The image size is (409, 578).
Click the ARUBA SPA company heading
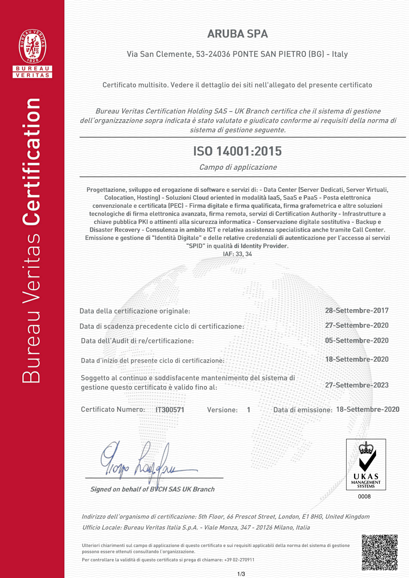coord(237,34)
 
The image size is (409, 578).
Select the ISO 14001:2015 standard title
coord(237,151)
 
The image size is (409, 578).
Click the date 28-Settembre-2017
coord(357,310)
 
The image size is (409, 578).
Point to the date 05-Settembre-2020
coord(357,340)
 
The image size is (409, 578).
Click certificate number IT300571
coord(170,410)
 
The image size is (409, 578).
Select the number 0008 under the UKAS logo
coord(364,496)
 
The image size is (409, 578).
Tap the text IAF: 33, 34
coord(237,254)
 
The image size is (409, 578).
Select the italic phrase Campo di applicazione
coord(238,167)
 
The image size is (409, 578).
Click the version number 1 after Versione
coord(248,410)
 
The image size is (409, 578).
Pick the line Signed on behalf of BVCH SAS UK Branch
coord(152,489)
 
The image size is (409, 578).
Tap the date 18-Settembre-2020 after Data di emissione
coord(368,409)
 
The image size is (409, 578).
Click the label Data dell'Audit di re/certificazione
coord(137,341)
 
